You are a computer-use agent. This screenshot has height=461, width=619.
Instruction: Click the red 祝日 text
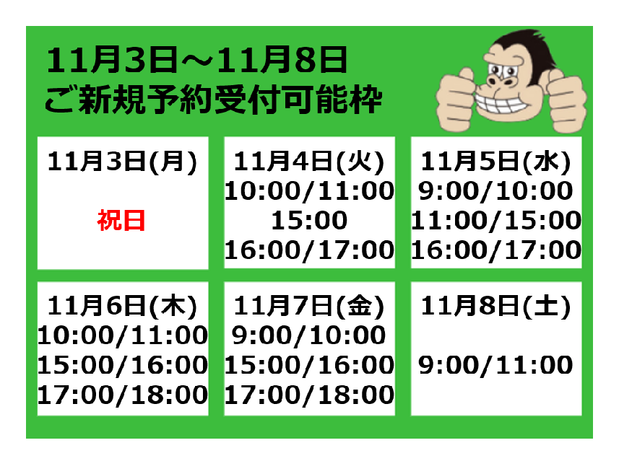pyautogui.click(x=121, y=221)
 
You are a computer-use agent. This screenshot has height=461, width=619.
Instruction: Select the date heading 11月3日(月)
pyautogui.click(x=122, y=162)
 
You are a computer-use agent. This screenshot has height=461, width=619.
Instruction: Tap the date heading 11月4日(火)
pyautogui.click(x=309, y=162)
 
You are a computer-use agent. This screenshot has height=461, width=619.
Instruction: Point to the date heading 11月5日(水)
pyautogui.click(x=495, y=162)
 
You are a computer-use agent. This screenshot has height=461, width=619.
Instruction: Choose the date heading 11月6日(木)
pyautogui.click(x=122, y=306)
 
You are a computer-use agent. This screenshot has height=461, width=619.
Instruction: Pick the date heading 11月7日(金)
pyautogui.click(x=309, y=306)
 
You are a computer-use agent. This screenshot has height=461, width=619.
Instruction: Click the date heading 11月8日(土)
pyautogui.click(x=495, y=306)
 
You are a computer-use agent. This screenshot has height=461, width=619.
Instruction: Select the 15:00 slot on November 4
pyautogui.click(x=309, y=220)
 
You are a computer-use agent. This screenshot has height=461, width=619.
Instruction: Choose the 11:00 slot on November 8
pyautogui.click(x=534, y=365)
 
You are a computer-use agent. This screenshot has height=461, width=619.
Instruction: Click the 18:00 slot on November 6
pyautogui.click(x=169, y=395)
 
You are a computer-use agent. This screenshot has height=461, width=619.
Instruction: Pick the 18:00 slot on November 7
pyautogui.click(x=356, y=395)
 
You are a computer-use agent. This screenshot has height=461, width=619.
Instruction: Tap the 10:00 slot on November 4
pyautogui.click(x=262, y=191)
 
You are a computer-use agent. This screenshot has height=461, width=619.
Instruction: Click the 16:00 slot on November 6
pyautogui.click(x=169, y=365)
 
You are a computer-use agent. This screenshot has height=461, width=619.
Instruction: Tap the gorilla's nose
pyautogui.click(x=498, y=81)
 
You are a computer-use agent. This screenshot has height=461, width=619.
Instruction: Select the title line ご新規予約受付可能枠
pyautogui.click(x=214, y=100)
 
